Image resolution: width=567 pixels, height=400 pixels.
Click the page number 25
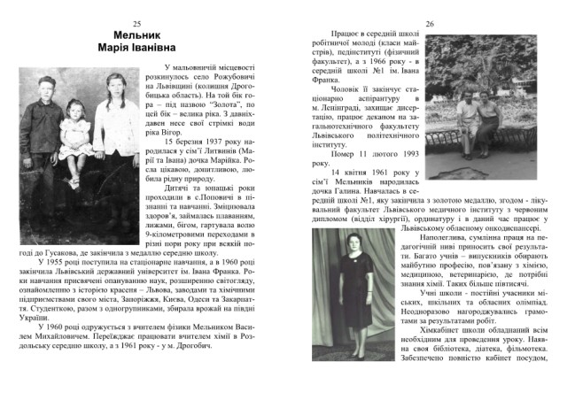(136, 23)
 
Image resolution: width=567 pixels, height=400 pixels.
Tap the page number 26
(430, 23)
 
